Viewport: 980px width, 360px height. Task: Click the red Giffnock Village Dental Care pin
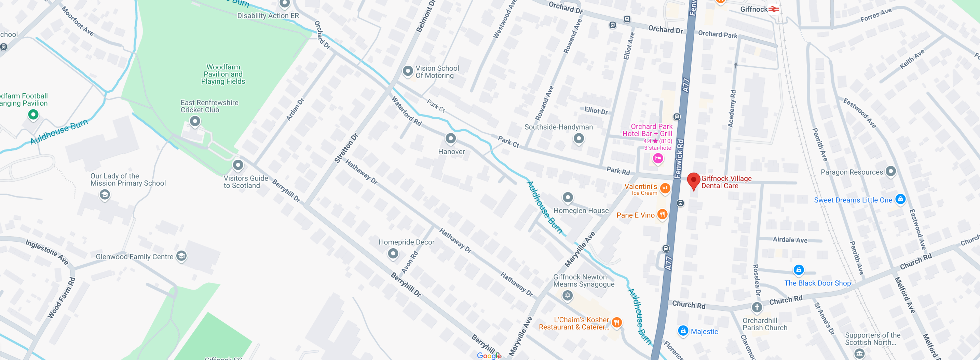tap(693, 181)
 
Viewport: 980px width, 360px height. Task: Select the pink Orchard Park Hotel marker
tap(658, 158)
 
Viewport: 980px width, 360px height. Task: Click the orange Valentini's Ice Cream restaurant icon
tap(665, 188)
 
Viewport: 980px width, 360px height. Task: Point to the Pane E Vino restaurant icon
tap(662, 214)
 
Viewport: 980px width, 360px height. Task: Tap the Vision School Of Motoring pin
tap(407, 71)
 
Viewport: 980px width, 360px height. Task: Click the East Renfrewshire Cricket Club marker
tap(195, 121)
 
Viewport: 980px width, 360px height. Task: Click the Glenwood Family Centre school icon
tap(181, 256)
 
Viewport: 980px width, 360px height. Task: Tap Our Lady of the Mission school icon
tap(105, 195)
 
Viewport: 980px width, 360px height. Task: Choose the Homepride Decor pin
tap(393, 253)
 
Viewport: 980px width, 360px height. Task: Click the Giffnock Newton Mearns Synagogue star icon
tap(567, 295)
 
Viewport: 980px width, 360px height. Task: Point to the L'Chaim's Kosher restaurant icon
tap(617, 323)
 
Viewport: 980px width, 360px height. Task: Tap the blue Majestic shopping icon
tap(683, 330)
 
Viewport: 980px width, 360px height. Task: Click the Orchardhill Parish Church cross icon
tap(757, 307)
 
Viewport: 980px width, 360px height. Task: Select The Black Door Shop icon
tap(799, 270)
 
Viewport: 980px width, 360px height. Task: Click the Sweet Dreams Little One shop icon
tap(900, 199)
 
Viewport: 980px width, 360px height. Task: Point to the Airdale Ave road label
tap(790, 240)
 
